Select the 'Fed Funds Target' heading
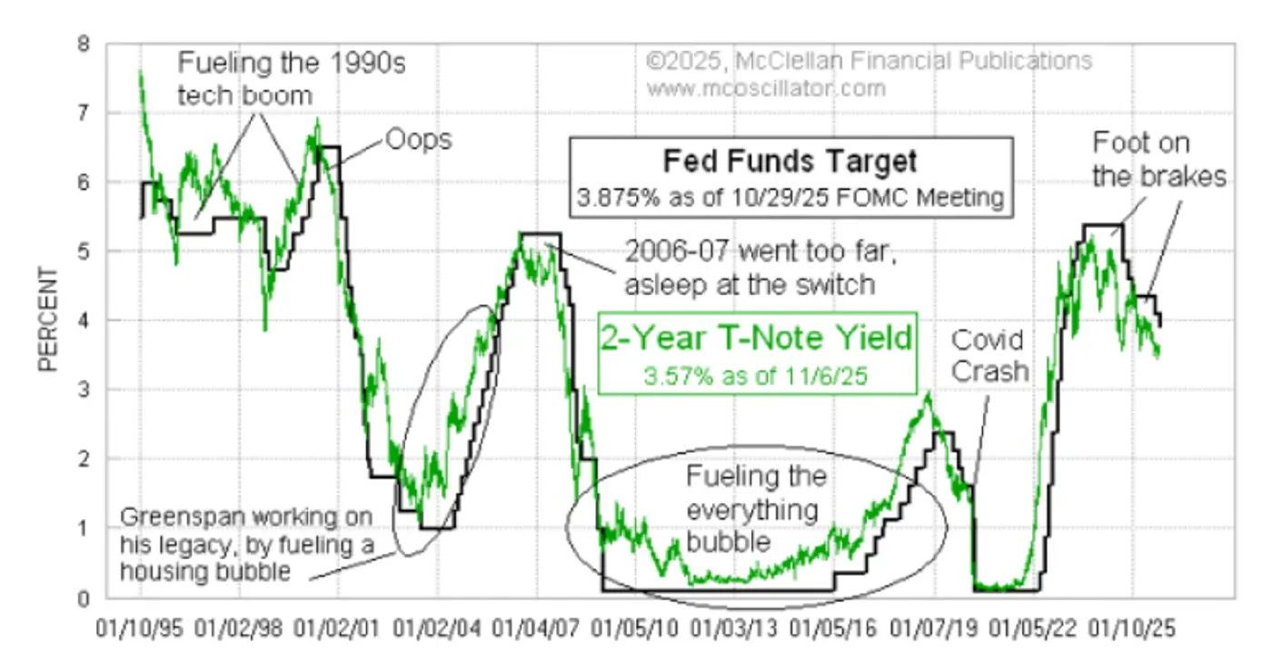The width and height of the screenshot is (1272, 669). click(x=789, y=162)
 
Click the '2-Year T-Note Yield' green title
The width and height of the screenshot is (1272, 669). click(x=755, y=338)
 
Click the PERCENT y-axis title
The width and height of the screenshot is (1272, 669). click(x=48, y=320)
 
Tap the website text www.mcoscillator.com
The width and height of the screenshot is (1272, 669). click(x=766, y=88)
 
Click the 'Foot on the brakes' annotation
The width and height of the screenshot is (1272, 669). click(x=1158, y=159)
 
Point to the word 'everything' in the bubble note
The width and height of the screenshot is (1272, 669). click(x=752, y=509)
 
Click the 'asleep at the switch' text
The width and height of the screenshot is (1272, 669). click(x=749, y=284)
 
